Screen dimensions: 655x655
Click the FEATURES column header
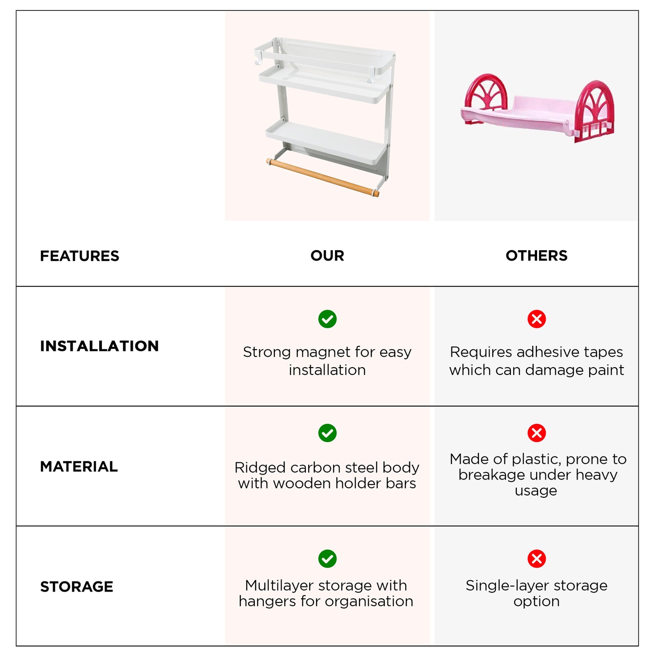79,256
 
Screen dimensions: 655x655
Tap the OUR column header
327,256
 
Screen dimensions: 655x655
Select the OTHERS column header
536,256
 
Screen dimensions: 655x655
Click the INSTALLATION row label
99,346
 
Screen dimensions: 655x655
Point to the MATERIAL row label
79,466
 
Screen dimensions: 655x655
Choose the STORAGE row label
77,587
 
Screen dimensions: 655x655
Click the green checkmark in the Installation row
327,319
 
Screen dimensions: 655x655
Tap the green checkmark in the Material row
327,433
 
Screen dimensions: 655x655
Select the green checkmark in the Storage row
327,558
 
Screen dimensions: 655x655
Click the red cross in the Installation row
537,319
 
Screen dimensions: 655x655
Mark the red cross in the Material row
537,433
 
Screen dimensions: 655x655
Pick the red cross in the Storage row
537,558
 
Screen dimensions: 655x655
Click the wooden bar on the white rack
323,177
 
